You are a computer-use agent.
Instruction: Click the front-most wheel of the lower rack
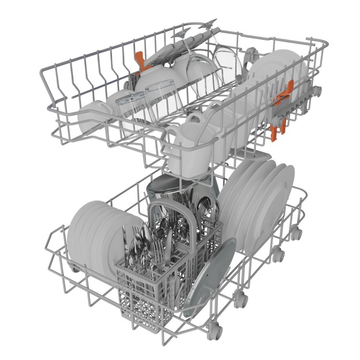[x=216, y=330]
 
